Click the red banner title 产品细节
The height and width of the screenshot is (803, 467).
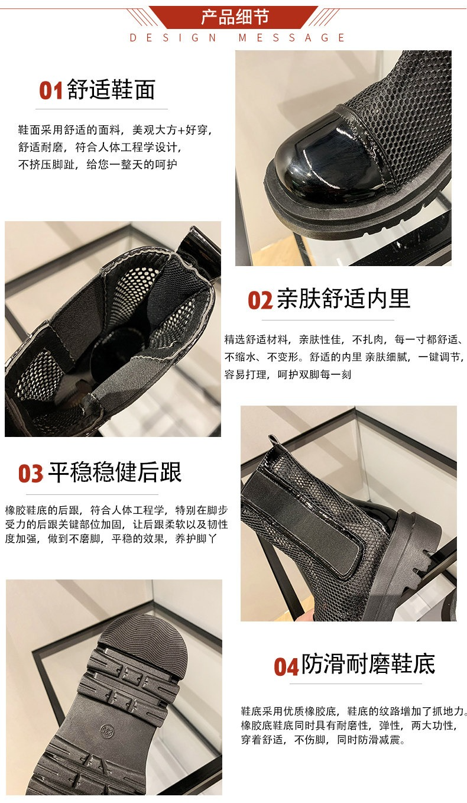235,17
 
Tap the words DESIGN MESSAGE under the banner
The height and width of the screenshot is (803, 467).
237,38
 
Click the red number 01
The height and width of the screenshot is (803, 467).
51,90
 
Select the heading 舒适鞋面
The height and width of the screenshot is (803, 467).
111,89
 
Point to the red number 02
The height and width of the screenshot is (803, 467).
260,300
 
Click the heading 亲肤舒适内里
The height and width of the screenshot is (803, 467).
343,298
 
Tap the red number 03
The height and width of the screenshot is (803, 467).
31,473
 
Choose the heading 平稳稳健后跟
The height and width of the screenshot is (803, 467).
115,472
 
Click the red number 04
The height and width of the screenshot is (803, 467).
286,666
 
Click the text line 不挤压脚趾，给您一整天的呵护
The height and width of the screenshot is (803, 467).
98,164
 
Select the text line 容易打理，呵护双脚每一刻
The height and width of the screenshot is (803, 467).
288,375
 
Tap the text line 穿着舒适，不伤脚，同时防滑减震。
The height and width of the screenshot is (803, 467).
323,739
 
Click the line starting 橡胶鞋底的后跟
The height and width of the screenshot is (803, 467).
116,510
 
